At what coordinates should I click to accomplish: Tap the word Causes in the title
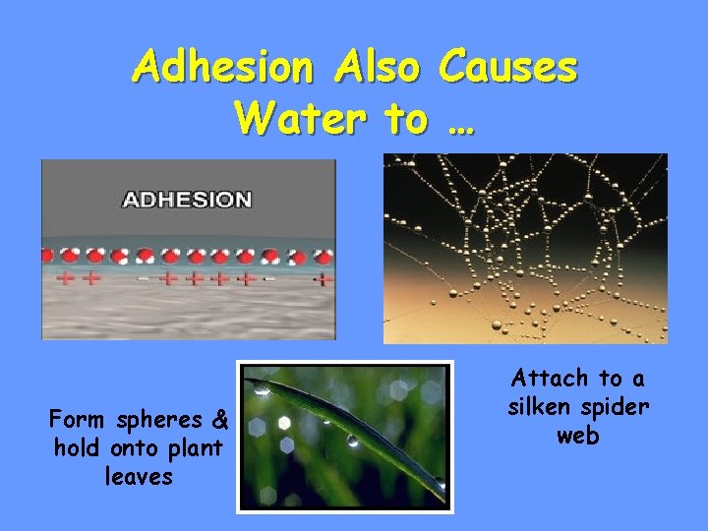[x=508, y=68]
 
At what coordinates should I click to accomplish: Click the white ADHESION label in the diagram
[x=186, y=200]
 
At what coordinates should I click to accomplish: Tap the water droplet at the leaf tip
[x=260, y=389]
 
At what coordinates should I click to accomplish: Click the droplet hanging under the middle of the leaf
[x=352, y=441]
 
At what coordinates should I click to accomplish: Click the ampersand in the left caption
[x=219, y=421]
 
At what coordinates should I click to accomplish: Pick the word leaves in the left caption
[x=139, y=477]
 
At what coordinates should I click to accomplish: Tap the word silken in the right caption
[x=539, y=406]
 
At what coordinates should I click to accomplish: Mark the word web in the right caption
[x=577, y=435]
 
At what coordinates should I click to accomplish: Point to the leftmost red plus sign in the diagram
[x=66, y=278]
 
